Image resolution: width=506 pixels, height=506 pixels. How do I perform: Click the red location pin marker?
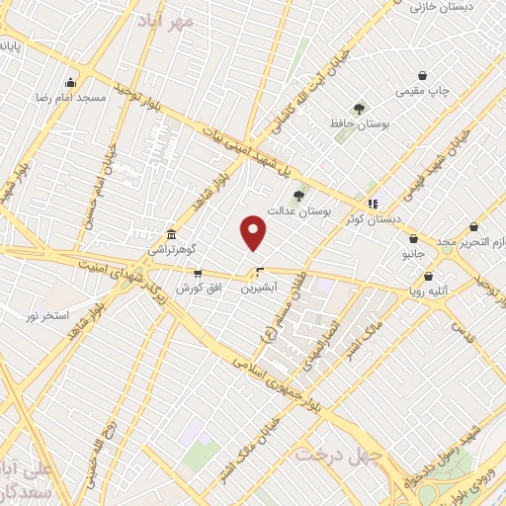pyautogui.click(x=254, y=233)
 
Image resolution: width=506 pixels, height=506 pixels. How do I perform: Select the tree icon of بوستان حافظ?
pyautogui.click(x=359, y=110)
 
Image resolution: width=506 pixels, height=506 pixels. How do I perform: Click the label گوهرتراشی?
pyautogui.click(x=172, y=250)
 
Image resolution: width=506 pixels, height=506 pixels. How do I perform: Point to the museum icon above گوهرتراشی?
pyautogui.click(x=172, y=234)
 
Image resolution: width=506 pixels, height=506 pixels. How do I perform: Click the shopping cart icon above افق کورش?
pyautogui.click(x=198, y=274)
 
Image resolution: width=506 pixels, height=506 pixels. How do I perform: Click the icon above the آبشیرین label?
pyautogui.click(x=260, y=273)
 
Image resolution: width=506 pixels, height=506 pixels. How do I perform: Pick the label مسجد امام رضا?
pyautogui.click(x=70, y=98)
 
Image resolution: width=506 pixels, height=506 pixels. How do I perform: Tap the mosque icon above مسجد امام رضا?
pyautogui.click(x=69, y=83)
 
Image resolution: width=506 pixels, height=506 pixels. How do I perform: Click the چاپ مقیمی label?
pyautogui.click(x=422, y=91)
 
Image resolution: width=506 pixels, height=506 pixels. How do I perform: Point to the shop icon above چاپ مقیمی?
pyautogui.click(x=422, y=75)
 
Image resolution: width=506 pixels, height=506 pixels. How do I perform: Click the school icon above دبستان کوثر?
pyautogui.click(x=373, y=205)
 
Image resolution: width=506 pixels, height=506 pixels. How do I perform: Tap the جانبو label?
pyautogui.click(x=412, y=253)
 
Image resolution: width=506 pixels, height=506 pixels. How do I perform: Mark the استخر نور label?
pyautogui.click(x=47, y=315)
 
